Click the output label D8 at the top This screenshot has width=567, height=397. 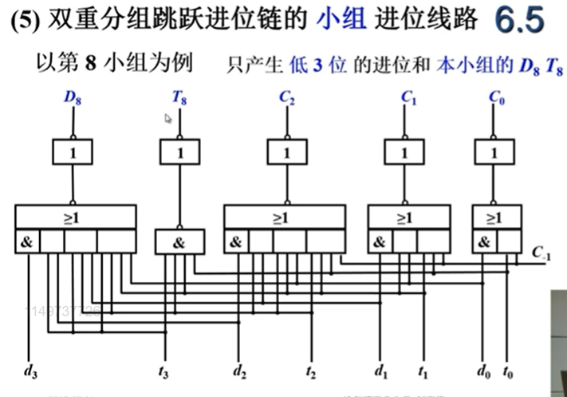73,98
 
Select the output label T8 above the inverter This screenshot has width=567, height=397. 180,98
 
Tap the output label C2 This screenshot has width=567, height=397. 285,98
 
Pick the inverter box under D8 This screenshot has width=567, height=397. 75,152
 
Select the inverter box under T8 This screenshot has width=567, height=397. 180,152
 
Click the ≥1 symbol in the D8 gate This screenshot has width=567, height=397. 75,216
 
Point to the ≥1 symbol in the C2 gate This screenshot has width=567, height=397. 284,216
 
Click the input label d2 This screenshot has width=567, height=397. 239,371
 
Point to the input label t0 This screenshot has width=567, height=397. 508,371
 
